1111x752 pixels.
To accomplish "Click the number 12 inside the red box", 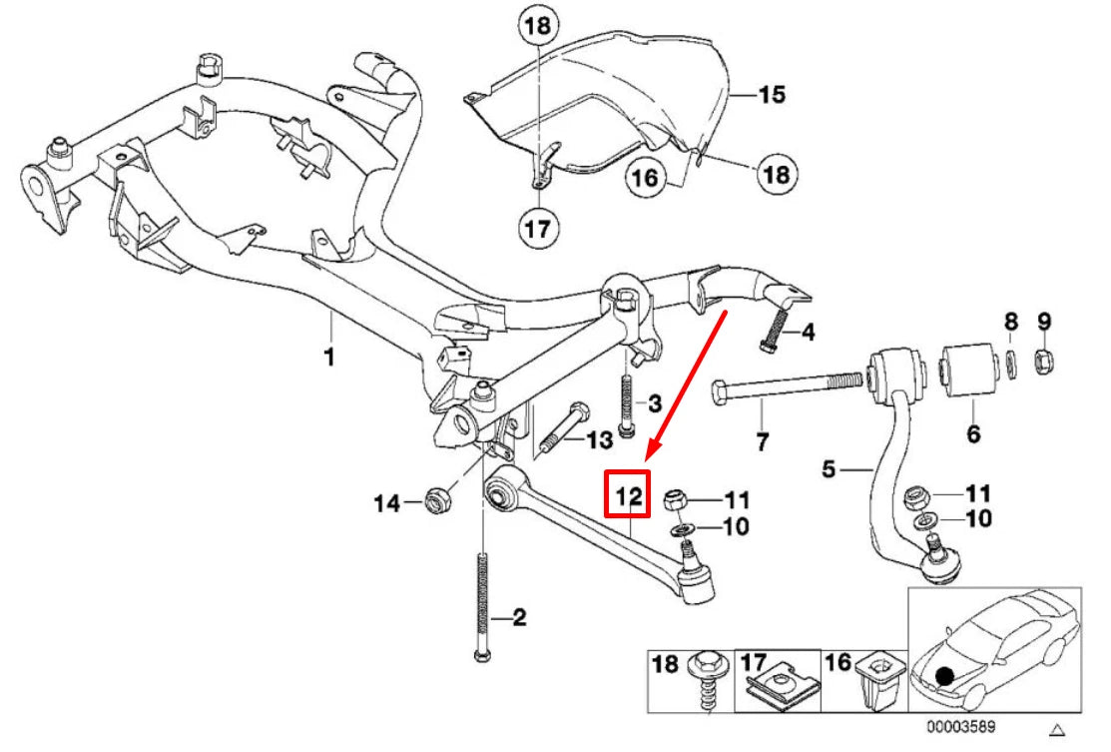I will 628,495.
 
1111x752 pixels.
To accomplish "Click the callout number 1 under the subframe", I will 330,357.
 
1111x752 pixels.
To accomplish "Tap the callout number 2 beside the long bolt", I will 518,619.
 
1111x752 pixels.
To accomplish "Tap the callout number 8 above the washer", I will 1010,322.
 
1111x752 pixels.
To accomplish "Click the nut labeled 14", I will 436,498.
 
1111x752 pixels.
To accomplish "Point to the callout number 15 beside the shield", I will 771,95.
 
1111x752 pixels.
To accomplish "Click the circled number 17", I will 536,230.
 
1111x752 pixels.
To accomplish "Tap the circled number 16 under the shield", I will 645,179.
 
